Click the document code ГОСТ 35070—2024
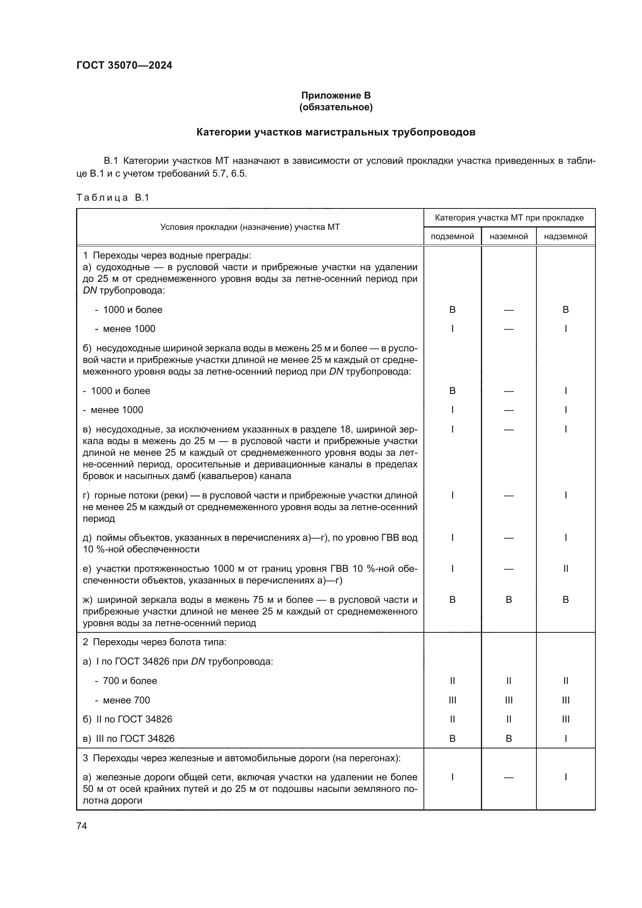124,65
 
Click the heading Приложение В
336,95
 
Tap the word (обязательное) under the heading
336,107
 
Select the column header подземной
452,236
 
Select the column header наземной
508,236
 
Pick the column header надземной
565,236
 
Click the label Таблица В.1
113,197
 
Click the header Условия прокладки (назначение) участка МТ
250,227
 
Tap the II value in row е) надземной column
565,569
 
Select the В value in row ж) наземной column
508,599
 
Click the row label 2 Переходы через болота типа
154,642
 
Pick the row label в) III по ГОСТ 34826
128,738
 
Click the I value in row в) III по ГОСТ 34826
565,738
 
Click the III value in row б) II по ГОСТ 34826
565,719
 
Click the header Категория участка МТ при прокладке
509,217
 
